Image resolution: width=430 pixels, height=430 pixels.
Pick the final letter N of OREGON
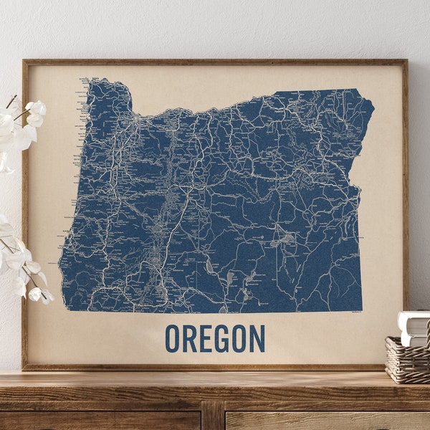coord(257,338)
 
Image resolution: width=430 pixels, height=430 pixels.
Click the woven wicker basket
coord(408,358)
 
